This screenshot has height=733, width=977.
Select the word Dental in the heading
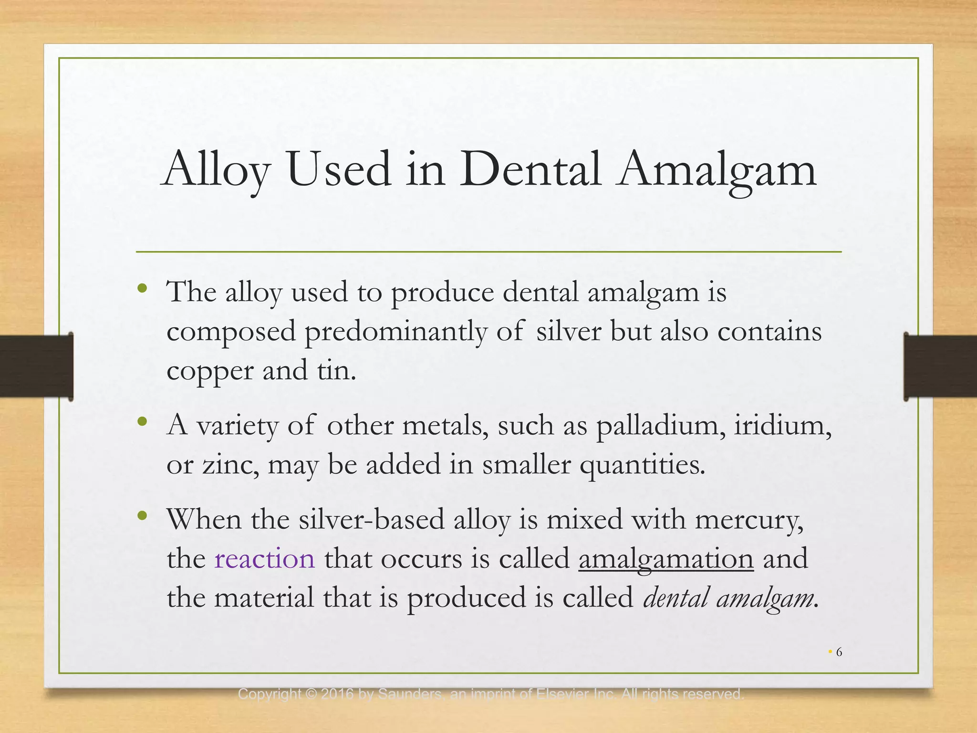click(x=530, y=169)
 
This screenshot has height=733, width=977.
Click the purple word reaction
click(x=265, y=559)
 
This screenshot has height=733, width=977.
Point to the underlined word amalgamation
click(x=666, y=559)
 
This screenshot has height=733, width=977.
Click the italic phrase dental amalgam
click(x=728, y=597)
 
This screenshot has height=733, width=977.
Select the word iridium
click(x=782, y=425)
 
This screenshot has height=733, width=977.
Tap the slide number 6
click(x=839, y=652)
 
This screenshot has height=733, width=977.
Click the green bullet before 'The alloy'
click(x=142, y=288)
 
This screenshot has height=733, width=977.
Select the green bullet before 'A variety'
click(x=142, y=421)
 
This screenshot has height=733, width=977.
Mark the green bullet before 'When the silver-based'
click(x=142, y=516)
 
